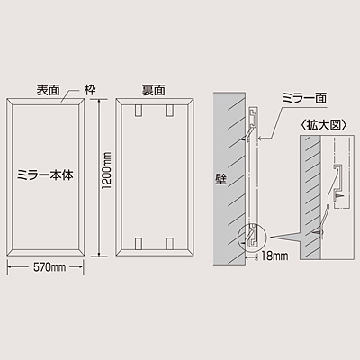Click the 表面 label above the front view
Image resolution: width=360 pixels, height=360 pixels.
pos(48,90)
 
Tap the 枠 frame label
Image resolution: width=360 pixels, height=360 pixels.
pos(90,90)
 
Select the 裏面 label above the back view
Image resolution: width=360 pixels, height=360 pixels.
pos(153,90)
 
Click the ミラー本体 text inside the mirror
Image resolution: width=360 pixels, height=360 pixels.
pos(45,175)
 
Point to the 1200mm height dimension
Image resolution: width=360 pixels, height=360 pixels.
pos(106,171)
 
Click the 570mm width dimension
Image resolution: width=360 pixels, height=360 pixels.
pos(49,267)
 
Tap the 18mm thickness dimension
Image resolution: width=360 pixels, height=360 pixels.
pos(274,256)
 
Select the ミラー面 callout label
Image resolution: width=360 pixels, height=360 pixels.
pos(304,98)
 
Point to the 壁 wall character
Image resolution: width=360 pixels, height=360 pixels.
pos(220,179)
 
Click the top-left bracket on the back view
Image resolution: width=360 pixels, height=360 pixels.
pos(139,111)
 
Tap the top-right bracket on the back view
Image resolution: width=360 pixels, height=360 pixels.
pos(170,111)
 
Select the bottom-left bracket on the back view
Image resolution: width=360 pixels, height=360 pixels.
pos(139,244)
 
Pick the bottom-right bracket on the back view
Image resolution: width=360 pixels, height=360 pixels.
pos(170,244)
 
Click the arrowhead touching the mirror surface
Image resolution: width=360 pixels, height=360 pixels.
pos(261,139)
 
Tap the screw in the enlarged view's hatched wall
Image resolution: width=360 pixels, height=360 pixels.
pos(319,233)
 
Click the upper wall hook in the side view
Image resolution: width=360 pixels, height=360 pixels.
pos(249,133)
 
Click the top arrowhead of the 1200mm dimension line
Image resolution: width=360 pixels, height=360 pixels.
pos(99,102)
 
